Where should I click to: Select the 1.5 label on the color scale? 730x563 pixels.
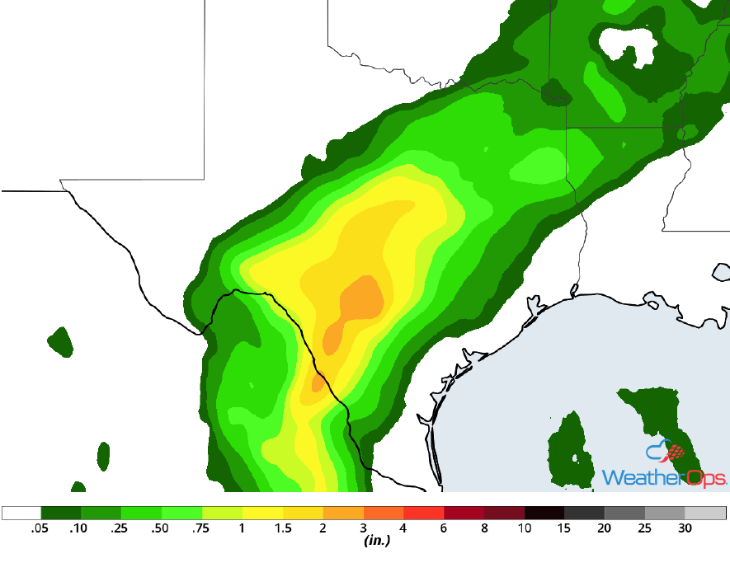[283, 528]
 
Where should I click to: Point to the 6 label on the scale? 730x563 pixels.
[445, 528]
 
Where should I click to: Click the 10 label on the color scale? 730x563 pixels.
[525, 528]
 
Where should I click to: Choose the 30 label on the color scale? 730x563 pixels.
[685, 528]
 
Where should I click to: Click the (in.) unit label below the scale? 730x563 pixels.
[376, 542]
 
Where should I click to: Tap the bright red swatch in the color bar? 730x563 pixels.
[424, 513]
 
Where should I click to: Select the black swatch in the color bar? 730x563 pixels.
[544, 513]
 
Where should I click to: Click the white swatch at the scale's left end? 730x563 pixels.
[21, 513]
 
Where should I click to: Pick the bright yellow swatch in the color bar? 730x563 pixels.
[263, 513]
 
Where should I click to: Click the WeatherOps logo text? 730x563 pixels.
[664, 478]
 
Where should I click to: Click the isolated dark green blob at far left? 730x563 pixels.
[60, 340]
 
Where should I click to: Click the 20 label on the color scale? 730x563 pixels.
[605, 528]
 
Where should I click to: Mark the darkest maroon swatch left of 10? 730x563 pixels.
[504, 513]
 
